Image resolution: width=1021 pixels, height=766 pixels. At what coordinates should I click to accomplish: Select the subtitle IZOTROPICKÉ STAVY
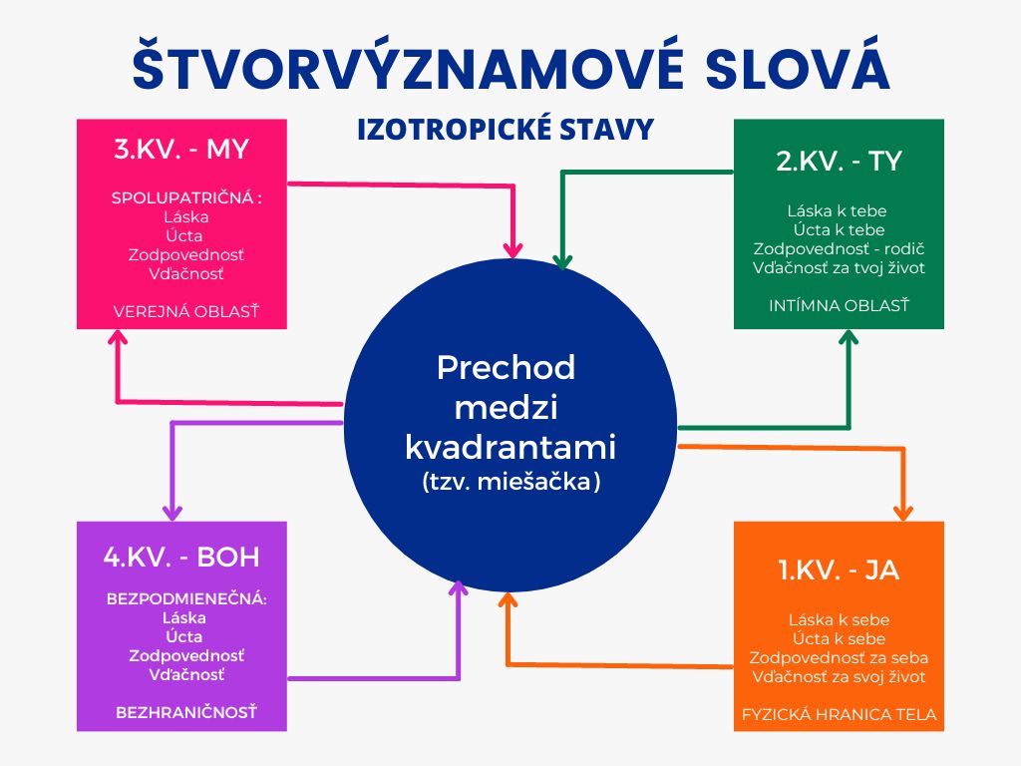(x=506, y=129)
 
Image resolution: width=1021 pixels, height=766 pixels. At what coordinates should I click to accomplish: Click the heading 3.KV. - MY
(x=181, y=150)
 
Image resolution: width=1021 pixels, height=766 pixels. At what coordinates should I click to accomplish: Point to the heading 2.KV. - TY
(x=839, y=161)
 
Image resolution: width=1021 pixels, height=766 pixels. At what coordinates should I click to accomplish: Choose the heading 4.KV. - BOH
(x=181, y=557)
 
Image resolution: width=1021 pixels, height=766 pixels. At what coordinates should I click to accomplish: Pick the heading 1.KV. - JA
(x=839, y=570)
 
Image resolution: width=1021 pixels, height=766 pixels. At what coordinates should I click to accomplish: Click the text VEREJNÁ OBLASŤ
(x=186, y=312)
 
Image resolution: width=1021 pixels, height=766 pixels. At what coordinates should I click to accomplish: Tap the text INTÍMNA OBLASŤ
(x=839, y=305)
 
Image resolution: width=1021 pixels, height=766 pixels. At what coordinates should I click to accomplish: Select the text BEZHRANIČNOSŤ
(x=186, y=712)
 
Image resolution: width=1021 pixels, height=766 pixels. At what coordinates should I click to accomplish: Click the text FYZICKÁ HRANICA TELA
(x=839, y=714)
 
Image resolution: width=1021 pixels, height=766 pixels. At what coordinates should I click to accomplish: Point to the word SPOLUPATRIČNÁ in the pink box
(x=182, y=198)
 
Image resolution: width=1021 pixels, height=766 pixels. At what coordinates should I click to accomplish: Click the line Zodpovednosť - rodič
(x=839, y=248)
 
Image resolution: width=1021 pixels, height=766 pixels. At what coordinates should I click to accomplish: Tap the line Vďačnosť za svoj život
(x=839, y=677)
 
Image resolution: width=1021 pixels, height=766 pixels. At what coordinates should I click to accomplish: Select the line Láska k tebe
(x=837, y=211)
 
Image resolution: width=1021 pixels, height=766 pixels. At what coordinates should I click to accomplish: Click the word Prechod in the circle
(x=506, y=368)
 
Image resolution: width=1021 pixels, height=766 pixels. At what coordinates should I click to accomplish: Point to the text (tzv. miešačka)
(x=510, y=482)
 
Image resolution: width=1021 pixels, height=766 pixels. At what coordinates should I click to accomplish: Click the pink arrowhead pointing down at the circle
(x=513, y=249)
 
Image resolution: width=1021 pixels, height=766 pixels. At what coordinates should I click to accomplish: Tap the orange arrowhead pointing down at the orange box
(x=902, y=512)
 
